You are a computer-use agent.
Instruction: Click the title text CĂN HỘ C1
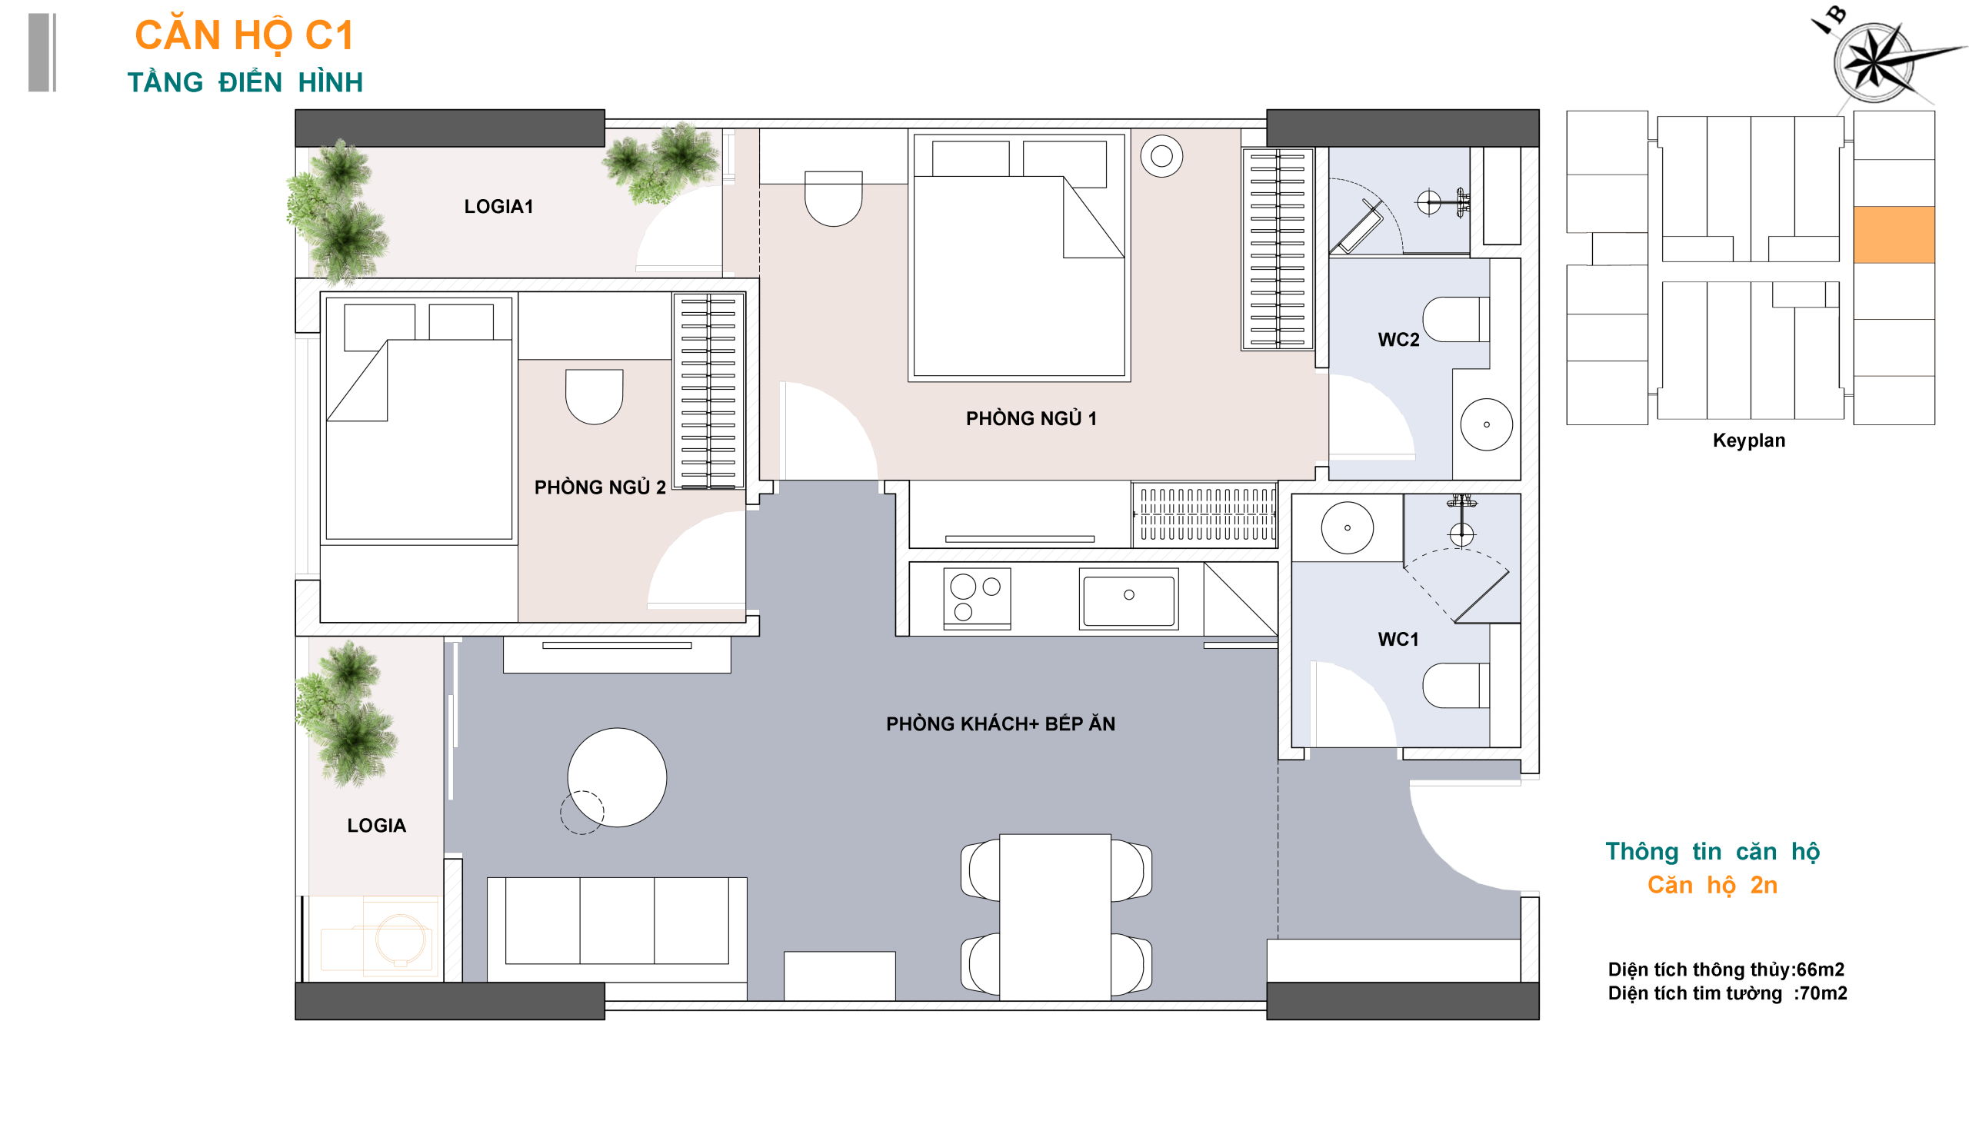pos(244,36)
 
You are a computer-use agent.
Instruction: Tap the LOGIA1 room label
pos(498,206)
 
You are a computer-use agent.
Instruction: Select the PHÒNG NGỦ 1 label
pos(1031,418)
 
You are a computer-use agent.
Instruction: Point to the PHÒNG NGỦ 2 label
pos(600,487)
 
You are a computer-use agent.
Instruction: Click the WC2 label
pos(1398,340)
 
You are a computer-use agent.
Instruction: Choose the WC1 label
pos(1398,640)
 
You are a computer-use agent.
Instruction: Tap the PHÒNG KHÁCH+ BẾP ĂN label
pos(1001,723)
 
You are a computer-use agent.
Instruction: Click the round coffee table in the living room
pos(617,777)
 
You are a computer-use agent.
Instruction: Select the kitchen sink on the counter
pos(1129,598)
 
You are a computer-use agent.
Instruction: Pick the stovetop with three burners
pos(977,598)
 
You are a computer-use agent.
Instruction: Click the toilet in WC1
pos(1455,685)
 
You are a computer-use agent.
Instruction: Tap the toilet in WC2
pos(1455,319)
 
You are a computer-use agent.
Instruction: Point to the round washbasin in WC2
pos(1487,424)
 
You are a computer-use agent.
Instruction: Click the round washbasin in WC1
pos(1348,528)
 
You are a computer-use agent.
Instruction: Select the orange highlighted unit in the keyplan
pos(1894,234)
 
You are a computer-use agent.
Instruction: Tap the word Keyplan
pos(1748,440)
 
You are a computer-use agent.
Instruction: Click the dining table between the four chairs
pos(1055,917)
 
